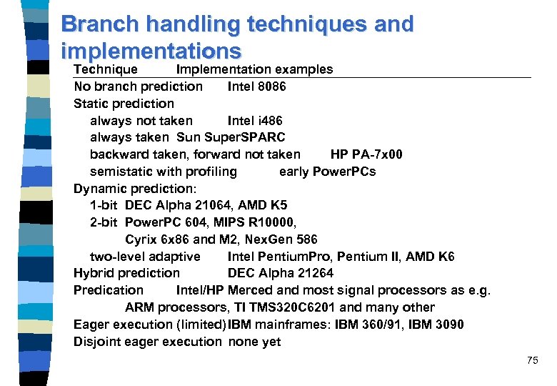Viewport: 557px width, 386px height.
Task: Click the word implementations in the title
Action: click(x=151, y=51)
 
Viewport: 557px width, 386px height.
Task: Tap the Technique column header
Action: click(x=106, y=69)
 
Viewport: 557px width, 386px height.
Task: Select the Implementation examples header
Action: click(x=254, y=69)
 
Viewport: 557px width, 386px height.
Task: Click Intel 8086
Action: click(x=256, y=86)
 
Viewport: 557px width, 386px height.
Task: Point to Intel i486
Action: click(x=255, y=121)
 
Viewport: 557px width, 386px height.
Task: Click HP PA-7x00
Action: click(x=366, y=154)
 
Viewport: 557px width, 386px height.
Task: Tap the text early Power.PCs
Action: click(x=327, y=172)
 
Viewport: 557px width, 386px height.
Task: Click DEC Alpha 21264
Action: click(x=280, y=273)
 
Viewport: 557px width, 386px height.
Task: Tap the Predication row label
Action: click(x=109, y=290)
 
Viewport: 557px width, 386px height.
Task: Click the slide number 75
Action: click(x=532, y=360)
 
